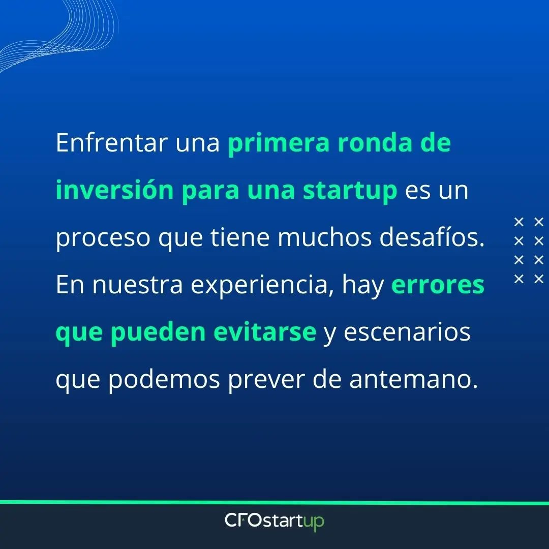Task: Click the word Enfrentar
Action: (x=111, y=144)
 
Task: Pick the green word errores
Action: (x=438, y=286)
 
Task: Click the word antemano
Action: (x=413, y=380)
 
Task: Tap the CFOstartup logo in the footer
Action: (x=274, y=522)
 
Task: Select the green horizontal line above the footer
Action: (x=274, y=503)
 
